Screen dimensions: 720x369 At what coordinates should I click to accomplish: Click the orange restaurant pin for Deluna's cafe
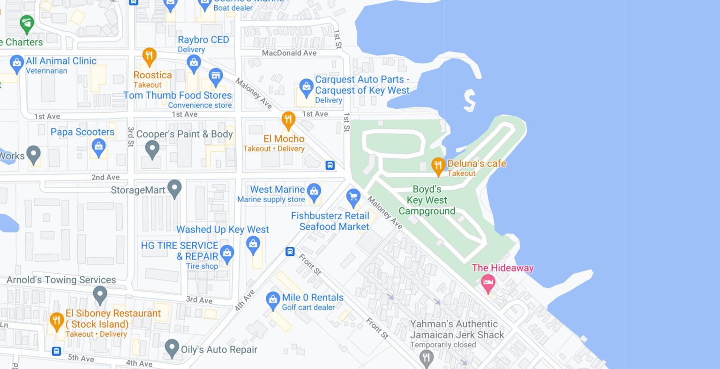pos(438,166)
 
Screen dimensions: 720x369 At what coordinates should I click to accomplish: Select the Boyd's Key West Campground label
pos(427,200)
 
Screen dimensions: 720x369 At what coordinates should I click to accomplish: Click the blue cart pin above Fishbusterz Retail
pos(353,197)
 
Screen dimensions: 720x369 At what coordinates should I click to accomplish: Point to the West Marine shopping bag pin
pos(314,191)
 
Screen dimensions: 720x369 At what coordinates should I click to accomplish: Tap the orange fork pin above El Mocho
pos(288,120)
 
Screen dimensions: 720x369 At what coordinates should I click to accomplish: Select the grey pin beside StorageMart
pos(174,188)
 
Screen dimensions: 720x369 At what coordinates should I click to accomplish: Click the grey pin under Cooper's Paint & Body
pos(152,149)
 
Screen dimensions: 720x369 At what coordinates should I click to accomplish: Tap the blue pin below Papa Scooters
pos(98,147)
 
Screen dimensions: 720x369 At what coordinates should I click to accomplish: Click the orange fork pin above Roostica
pos(149,56)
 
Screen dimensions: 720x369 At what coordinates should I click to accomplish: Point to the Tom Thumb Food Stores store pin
pos(216,76)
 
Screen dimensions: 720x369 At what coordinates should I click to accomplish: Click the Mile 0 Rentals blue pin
pos(273,300)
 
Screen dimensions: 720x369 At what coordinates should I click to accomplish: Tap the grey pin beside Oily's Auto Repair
pos(172,348)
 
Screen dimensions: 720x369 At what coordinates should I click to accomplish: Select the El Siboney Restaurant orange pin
pos(57,321)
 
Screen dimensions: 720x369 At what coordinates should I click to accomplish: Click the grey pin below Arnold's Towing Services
pos(100,295)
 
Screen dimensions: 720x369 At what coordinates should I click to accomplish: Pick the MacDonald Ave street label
pos(289,53)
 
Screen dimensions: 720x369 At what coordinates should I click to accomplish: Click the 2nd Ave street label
pos(105,177)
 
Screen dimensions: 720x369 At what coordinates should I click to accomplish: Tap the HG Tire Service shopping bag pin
pos(227,253)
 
